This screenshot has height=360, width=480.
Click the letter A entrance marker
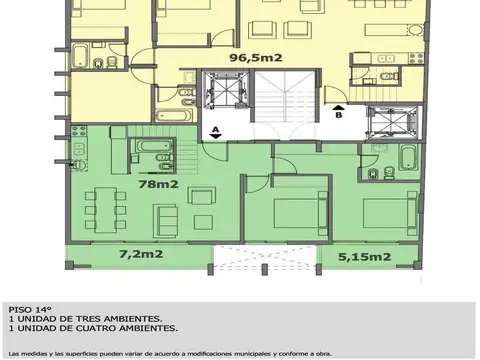point(215,130)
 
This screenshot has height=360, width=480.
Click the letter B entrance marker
point(338,114)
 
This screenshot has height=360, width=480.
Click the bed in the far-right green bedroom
point(385,212)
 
